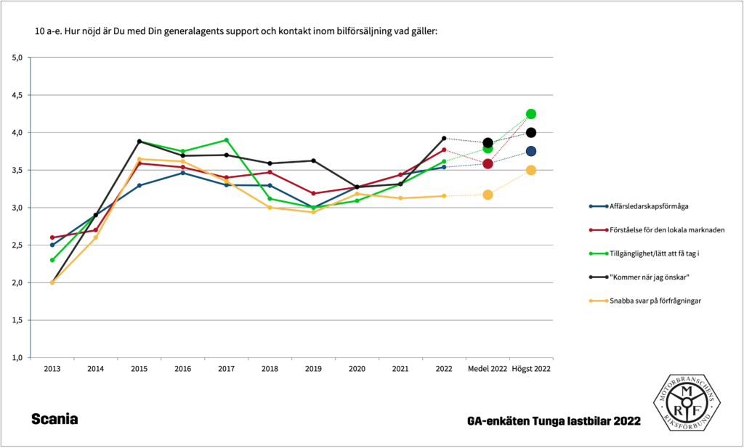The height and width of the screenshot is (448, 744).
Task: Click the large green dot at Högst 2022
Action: pos(531,114)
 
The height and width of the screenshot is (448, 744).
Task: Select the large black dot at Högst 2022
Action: pos(531,132)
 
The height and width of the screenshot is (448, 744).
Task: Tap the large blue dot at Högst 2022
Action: pos(531,151)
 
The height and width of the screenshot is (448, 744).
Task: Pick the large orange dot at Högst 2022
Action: pos(531,170)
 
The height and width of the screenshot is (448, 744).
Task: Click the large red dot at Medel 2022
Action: pos(488,164)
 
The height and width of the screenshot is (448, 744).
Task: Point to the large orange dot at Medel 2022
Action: pos(488,195)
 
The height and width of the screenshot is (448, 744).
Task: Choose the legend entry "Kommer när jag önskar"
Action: pos(650,276)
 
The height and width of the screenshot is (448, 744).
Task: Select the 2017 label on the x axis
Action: pos(226,369)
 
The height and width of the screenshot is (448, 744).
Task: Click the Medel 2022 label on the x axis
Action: pos(488,369)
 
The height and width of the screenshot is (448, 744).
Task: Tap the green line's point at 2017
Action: pos(226,140)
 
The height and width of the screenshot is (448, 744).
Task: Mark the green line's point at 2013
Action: pos(52,260)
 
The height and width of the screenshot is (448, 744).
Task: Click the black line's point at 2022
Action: pos(444,138)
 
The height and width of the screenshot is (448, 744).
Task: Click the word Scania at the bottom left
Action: pos(54,420)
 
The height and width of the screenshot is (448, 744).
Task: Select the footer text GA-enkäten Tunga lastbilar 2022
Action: pos(554,421)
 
